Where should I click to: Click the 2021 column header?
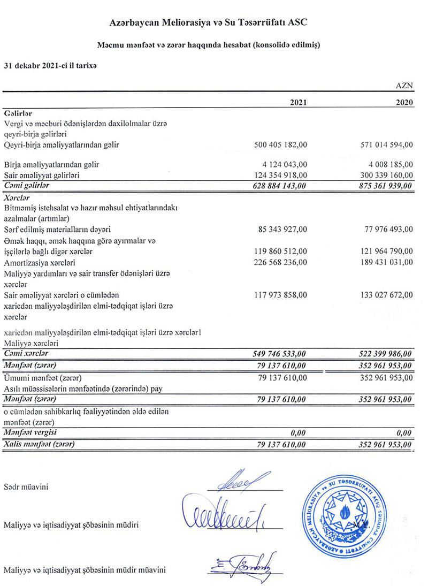(x=298, y=103)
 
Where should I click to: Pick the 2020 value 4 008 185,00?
(x=386, y=164)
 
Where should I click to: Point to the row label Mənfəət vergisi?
(x=33, y=433)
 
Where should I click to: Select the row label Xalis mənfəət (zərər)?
(x=39, y=444)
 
